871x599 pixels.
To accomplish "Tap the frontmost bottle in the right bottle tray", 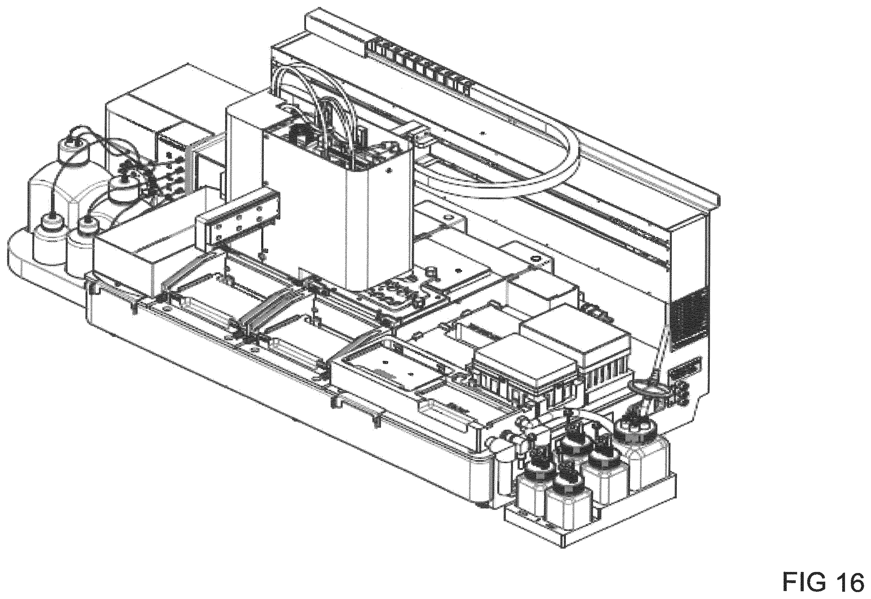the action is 565,495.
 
